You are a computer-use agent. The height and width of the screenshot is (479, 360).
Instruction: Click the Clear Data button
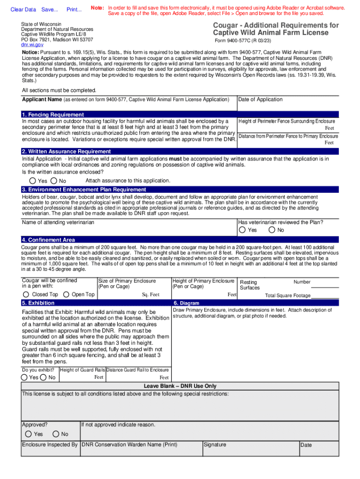point(23,9)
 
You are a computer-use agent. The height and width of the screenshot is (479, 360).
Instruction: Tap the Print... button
point(74,9)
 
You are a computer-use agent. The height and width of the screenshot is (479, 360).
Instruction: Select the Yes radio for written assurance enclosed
point(33,181)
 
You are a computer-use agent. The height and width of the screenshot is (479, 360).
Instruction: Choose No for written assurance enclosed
point(54,181)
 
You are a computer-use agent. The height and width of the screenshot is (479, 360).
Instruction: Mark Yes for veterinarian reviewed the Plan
point(242,230)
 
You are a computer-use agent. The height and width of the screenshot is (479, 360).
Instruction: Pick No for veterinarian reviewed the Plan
point(272,230)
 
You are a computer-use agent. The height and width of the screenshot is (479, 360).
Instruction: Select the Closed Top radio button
point(26,294)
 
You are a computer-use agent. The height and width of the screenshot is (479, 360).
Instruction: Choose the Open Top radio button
point(66,294)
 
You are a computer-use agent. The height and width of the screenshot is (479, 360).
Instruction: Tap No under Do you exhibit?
point(43,377)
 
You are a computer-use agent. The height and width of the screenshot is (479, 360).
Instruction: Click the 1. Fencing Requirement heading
point(53,115)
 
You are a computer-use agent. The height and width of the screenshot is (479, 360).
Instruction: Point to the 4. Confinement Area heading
point(48,240)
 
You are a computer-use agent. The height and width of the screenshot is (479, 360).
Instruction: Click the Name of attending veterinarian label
point(58,222)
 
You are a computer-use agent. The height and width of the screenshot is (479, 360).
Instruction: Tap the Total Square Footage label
point(288,296)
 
